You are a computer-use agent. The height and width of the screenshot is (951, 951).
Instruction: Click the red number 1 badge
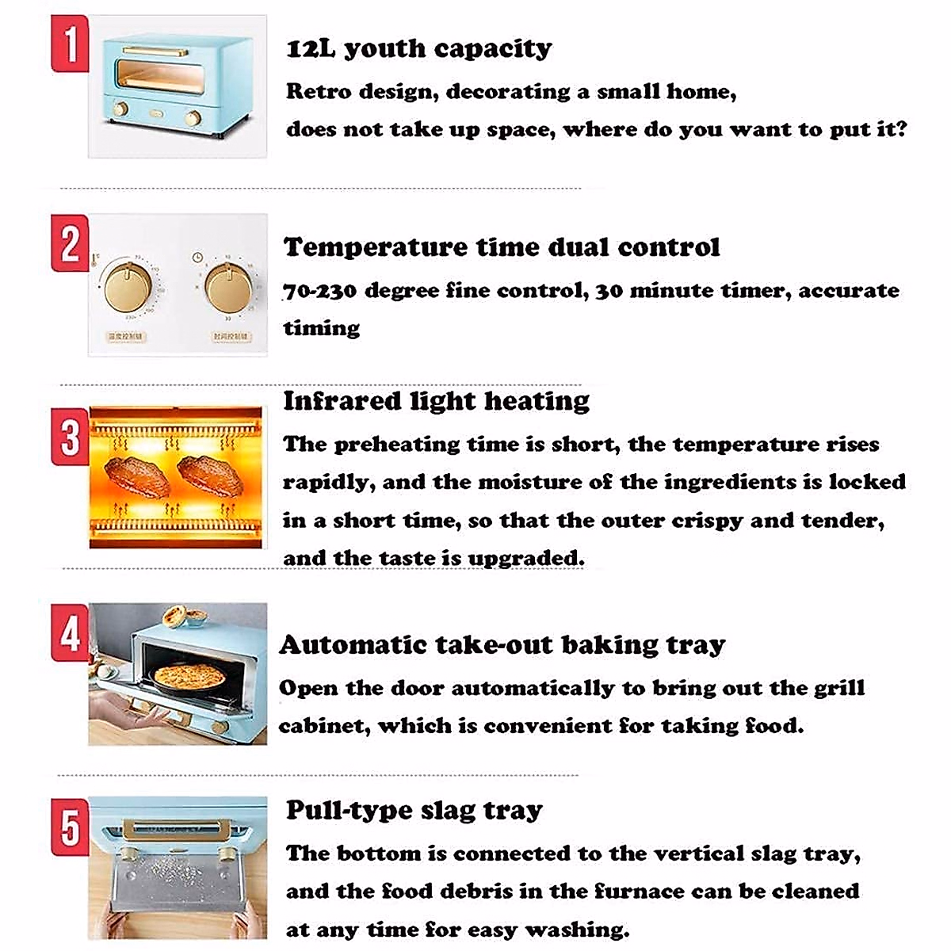tap(70, 44)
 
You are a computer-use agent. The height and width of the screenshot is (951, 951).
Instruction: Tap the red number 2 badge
tap(70, 243)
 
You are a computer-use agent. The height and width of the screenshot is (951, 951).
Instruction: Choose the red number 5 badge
tap(70, 827)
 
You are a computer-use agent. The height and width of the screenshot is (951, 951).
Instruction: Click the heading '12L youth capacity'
tap(418, 49)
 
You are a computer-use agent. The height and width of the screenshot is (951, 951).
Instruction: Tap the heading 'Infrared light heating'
tap(436, 401)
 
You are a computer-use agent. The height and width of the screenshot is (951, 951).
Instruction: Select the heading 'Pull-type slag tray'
tap(414, 810)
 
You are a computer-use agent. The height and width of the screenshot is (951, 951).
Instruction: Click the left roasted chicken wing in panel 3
tap(131, 473)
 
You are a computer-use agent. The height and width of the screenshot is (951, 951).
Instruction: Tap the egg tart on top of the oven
tap(177, 616)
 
